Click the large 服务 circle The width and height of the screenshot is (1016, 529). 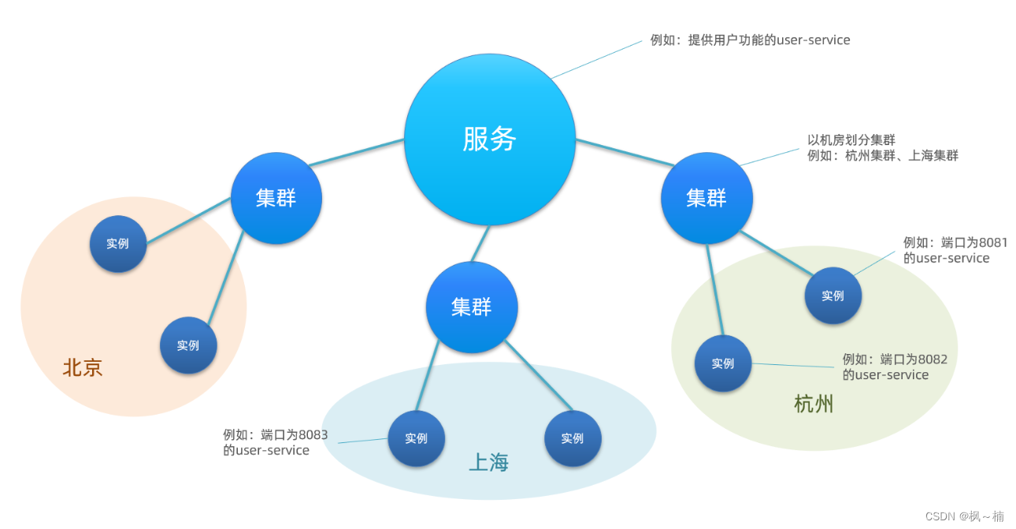coord(489,140)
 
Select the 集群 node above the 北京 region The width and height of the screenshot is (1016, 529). coord(276,198)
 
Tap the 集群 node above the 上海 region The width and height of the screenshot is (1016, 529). coord(472,307)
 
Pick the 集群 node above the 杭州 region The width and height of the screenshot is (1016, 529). coord(706,198)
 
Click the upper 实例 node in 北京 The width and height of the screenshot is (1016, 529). coord(117,244)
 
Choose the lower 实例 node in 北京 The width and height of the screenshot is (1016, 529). coord(188,345)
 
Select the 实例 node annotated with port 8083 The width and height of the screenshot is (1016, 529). coord(416,438)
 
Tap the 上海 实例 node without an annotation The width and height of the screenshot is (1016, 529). coord(573,438)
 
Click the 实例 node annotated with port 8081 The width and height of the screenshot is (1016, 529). coord(832,296)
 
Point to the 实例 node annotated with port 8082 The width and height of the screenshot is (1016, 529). coord(723,363)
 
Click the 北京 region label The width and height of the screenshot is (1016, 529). coord(83,368)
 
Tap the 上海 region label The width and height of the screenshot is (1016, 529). coord(488,463)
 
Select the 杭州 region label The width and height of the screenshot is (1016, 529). coord(814,405)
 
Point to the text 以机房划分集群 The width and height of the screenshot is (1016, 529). coord(851,140)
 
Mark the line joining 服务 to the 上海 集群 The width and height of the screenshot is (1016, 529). coord(480,244)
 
